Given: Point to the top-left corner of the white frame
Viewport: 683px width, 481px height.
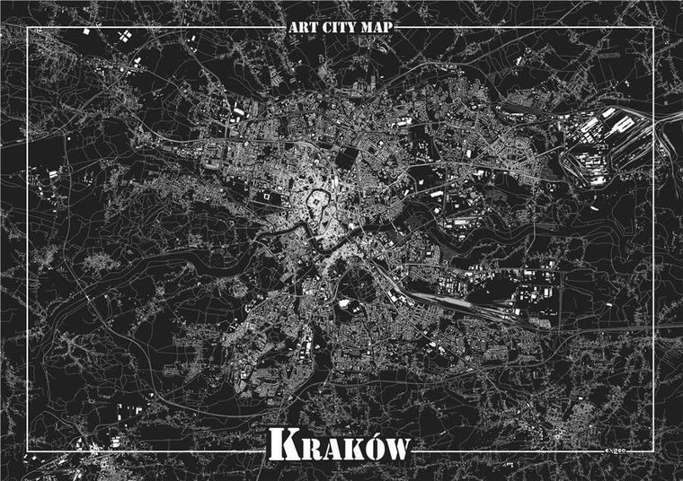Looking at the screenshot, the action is [x=29, y=28].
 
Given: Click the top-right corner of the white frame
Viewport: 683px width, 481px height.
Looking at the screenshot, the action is [x=653, y=28].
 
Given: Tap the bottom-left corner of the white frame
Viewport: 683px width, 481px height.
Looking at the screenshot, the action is [x=29, y=452].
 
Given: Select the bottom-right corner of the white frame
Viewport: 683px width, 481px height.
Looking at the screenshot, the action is [x=653, y=452].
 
